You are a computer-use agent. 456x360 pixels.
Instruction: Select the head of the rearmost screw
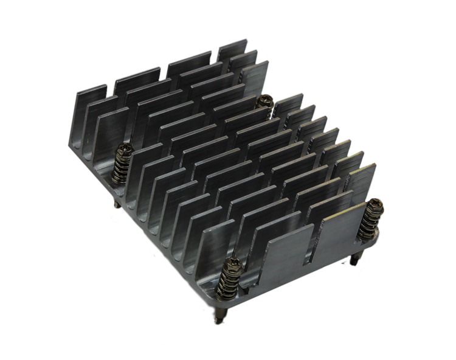264,99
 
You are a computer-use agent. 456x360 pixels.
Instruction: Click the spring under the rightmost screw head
368,222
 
